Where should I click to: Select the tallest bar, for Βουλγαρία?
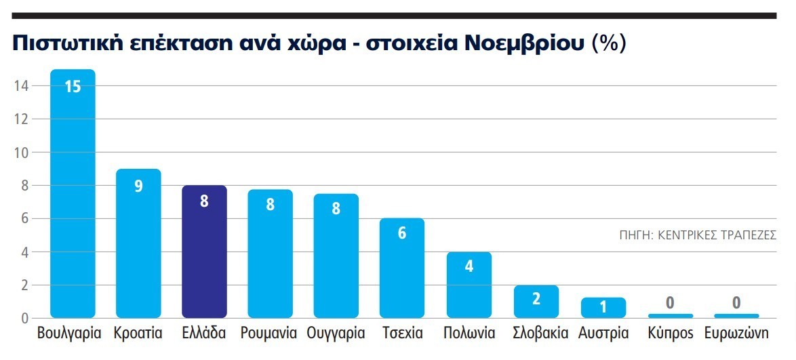pos(73,203)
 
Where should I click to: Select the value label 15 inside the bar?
pos(73,87)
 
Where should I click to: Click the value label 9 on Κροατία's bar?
pos(138,186)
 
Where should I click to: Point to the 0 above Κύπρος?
pos(670,303)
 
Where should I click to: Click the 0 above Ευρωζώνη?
pos(736,303)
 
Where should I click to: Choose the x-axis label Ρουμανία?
pos(269,334)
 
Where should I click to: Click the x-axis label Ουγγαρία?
pos(336,334)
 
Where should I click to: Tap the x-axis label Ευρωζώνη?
pos(736,334)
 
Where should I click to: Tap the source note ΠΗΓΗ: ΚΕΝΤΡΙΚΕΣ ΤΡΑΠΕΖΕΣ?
pos(697,235)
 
